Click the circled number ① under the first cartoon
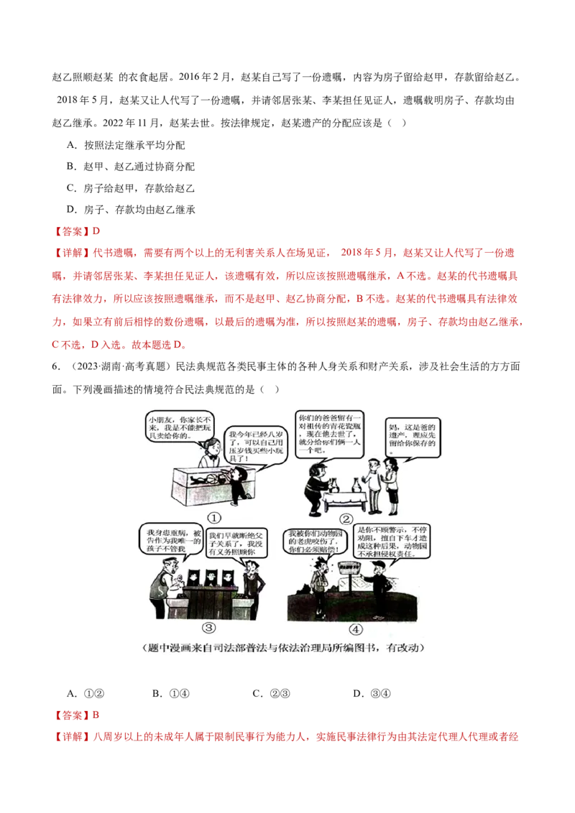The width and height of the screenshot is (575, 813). [215, 516]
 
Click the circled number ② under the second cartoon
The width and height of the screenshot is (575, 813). [346, 519]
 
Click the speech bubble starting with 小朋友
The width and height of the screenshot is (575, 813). [170, 425]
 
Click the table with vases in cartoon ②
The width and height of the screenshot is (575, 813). [344, 496]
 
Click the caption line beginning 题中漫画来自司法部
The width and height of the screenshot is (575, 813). [287, 648]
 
